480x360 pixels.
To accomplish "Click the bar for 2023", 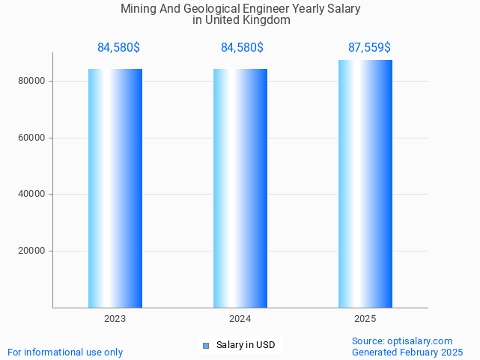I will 115,188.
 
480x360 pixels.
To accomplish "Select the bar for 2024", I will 240,188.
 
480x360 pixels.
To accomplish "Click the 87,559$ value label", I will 369,48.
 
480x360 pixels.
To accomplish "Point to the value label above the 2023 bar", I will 118,48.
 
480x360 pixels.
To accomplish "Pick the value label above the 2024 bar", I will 242,48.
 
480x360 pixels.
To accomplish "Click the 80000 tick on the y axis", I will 33,81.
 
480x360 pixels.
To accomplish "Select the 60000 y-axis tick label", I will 33,138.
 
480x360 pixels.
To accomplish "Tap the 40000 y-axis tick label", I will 33,195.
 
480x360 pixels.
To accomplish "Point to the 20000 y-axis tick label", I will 33,251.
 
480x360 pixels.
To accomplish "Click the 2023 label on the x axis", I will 115,319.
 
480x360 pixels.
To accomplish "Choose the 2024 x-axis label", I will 240,319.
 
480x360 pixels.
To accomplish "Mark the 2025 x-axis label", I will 365,319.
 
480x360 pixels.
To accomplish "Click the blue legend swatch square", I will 206,345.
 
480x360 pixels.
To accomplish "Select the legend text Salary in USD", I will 246,345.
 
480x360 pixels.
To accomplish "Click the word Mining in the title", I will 139,9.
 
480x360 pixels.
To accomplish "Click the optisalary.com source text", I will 402,341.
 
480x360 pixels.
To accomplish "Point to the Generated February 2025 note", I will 407,353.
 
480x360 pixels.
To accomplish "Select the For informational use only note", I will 65,353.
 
